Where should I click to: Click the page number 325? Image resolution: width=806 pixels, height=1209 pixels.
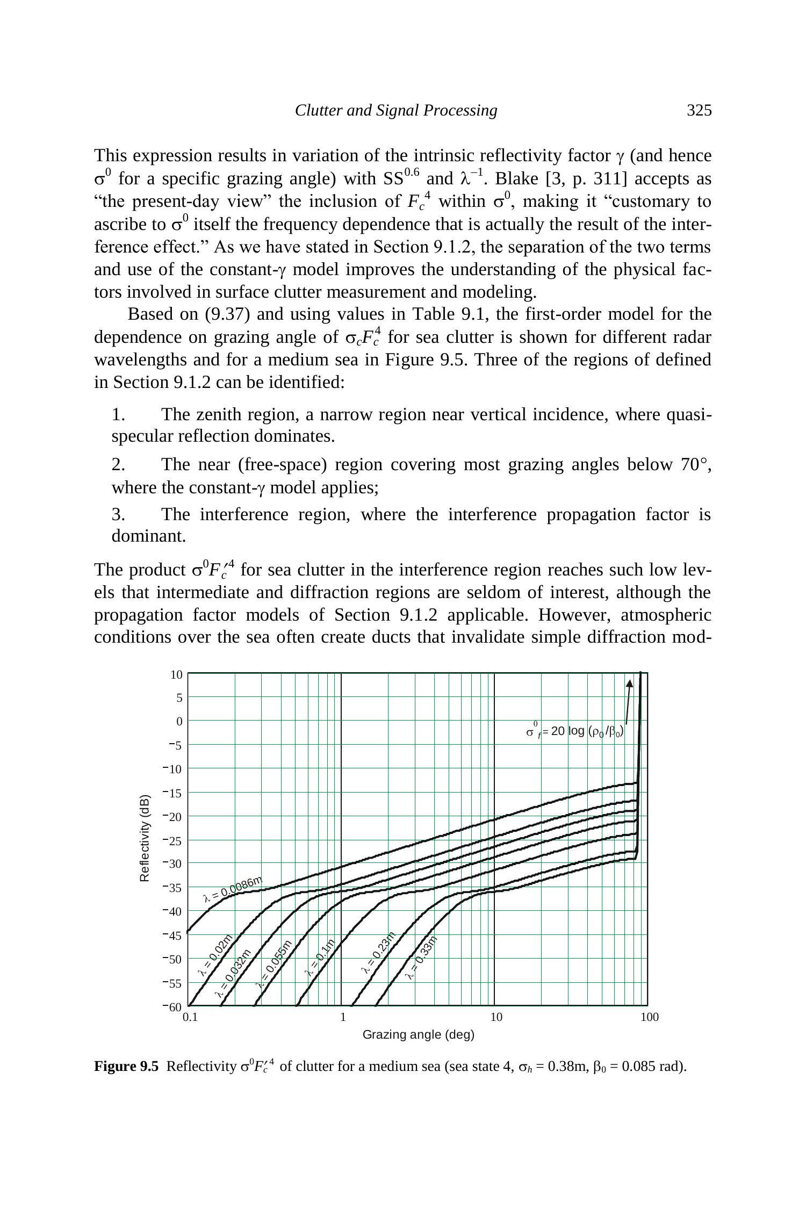(x=699, y=111)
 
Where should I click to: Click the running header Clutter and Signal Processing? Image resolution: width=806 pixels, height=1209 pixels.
(x=396, y=111)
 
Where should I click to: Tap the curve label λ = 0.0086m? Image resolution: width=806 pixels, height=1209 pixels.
(x=233, y=889)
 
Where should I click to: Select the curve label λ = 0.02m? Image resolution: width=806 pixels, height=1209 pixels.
(x=215, y=955)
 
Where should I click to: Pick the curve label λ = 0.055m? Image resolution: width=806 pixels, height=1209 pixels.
(x=274, y=965)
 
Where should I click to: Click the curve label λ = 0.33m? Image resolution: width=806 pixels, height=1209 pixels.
(x=422, y=957)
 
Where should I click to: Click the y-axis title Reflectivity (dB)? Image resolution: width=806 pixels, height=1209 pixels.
(x=144, y=838)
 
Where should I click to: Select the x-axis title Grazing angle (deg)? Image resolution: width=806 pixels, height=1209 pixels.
(x=418, y=1034)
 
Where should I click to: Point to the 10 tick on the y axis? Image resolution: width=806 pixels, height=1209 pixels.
(x=177, y=675)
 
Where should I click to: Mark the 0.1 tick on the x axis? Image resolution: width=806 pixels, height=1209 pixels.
(x=190, y=1017)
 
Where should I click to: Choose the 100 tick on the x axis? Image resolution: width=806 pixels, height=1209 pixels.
(x=649, y=1017)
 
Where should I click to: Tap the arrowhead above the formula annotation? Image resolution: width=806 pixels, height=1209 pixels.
(x=629, y=683)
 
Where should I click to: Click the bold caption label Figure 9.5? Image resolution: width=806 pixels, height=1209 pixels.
(x=126, y=1067)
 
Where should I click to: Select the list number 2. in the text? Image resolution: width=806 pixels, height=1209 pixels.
(x=118, y=464)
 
